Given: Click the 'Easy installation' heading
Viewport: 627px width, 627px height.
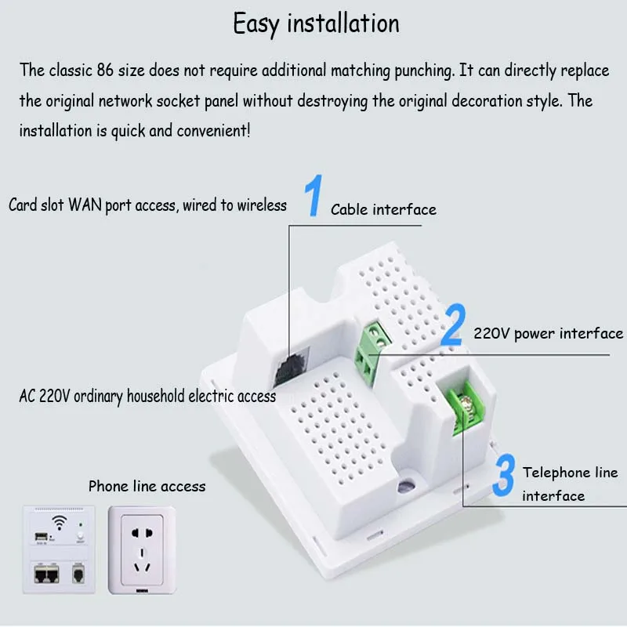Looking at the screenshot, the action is tap(316, 24).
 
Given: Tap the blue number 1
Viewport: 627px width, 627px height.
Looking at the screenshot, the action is tap(314, 195).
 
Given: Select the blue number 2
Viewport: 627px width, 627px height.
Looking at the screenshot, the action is tap(454, 324).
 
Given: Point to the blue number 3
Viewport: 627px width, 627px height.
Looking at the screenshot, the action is tap(504, 475).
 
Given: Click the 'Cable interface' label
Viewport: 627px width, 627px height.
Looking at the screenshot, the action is tap(383, 209).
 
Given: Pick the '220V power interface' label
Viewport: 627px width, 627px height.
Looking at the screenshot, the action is tap(548, 333).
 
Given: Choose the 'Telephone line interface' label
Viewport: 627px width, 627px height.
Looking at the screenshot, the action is tap(571, 484).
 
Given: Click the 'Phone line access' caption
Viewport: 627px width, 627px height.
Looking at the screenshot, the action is tap(147, 486).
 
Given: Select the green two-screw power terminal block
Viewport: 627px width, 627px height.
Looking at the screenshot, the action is tap(371, 352).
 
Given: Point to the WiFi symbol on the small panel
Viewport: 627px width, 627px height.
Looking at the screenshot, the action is tap(60, 522).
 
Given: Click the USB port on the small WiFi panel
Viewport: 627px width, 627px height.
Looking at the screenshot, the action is tap(41, 537).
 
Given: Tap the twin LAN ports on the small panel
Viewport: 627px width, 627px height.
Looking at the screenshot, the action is tap(46, 574).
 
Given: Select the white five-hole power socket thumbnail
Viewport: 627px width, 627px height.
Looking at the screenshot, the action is tap(142, 550).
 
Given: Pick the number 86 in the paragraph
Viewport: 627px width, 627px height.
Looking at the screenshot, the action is tap(105, 70).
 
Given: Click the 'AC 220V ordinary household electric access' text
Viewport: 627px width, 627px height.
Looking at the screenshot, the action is tap(147, 397).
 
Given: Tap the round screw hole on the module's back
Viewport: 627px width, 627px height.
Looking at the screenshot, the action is tap(407, 486).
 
